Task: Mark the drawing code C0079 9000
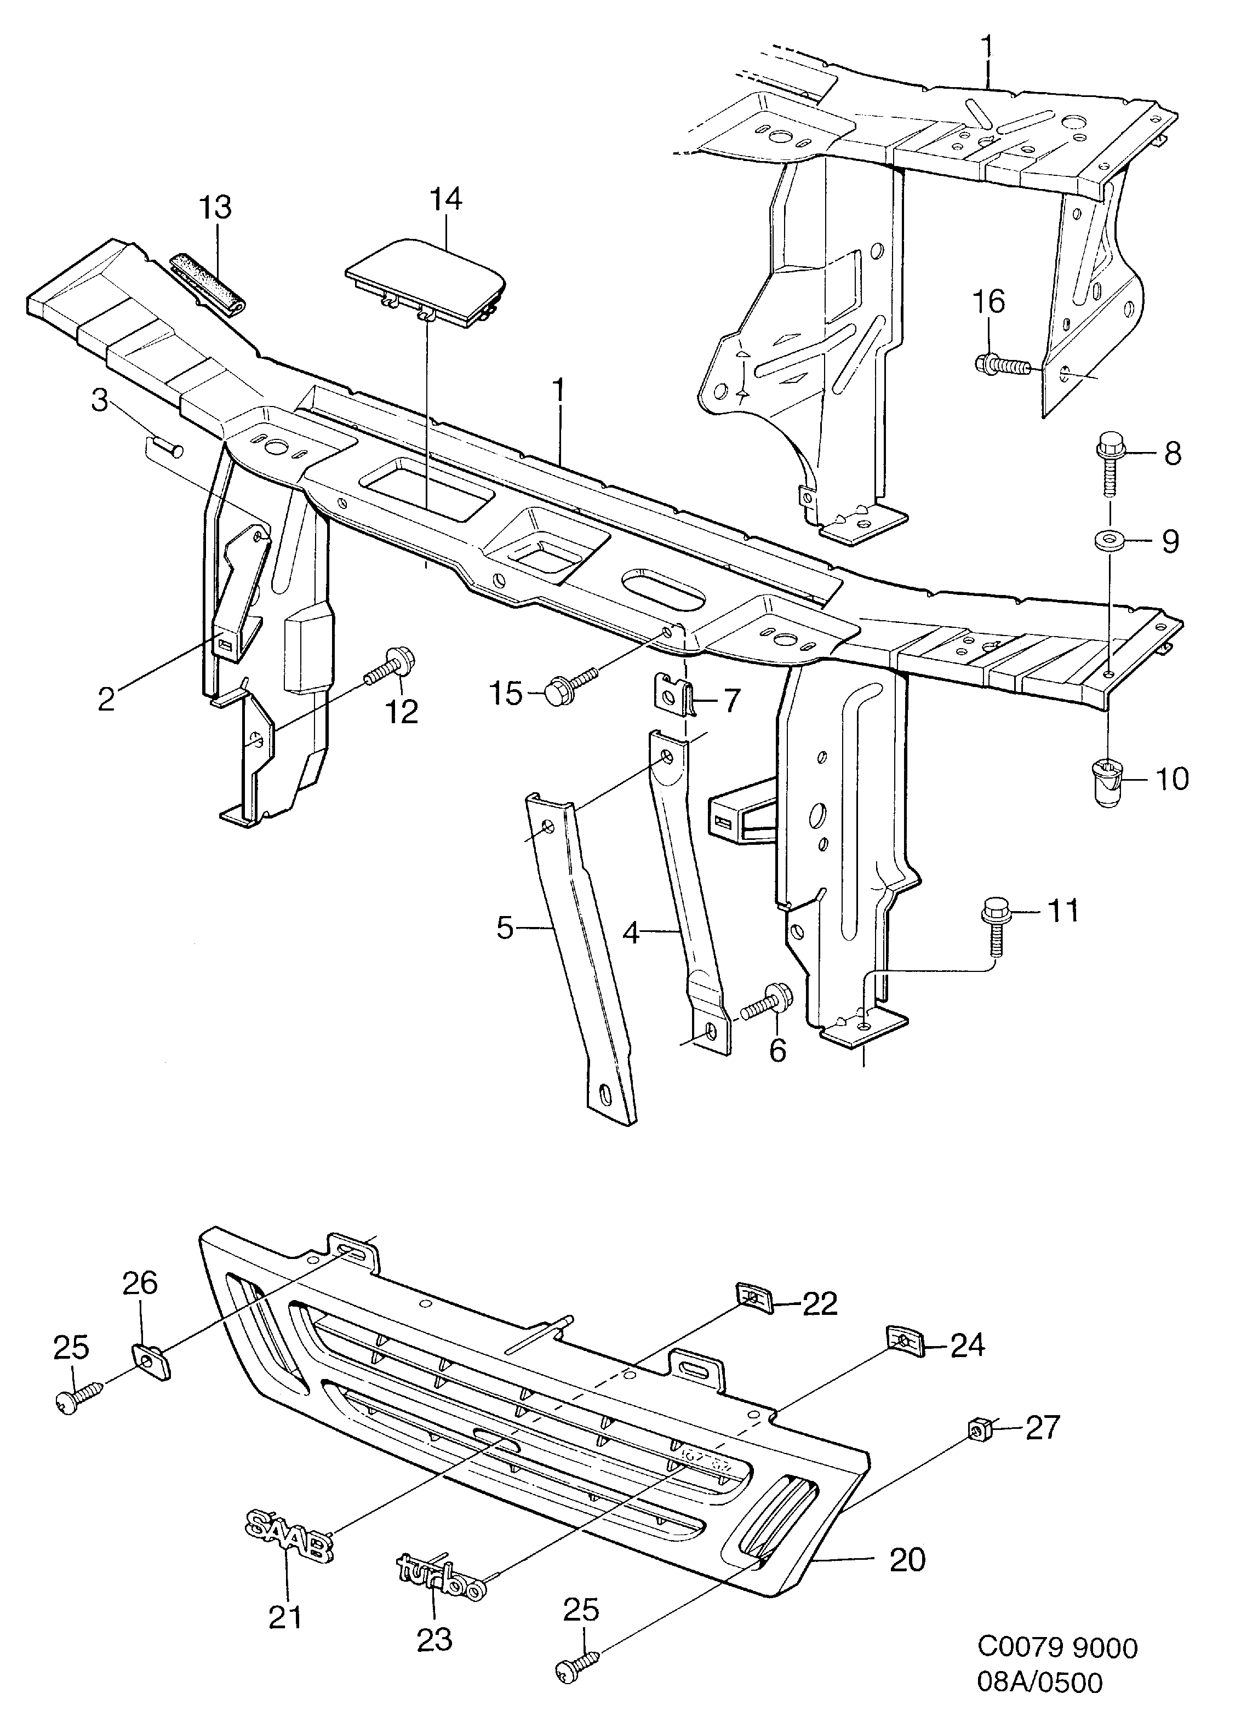pos(1057,1647)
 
